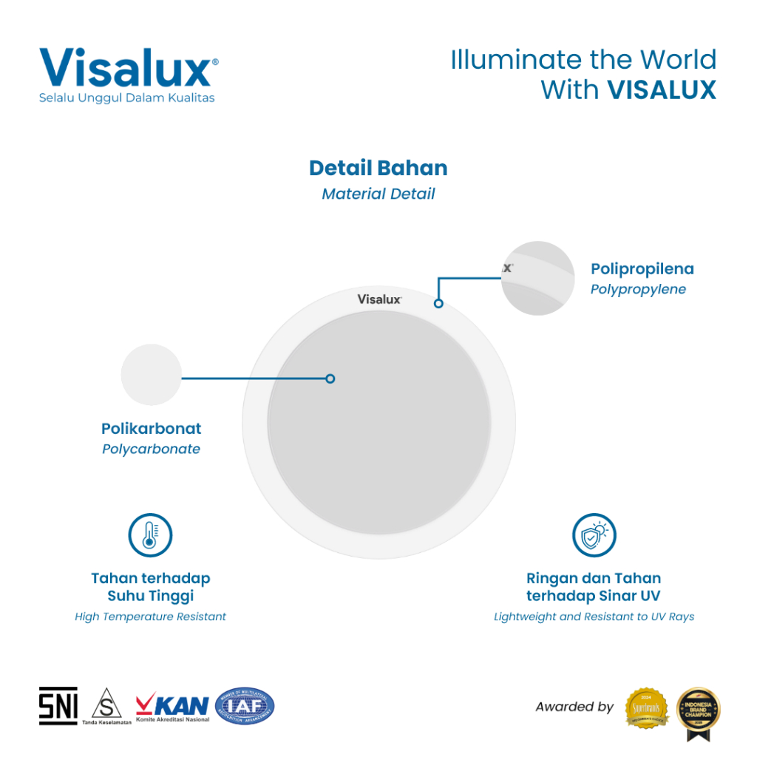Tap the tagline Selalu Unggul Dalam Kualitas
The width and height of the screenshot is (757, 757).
click(x=127, y=98)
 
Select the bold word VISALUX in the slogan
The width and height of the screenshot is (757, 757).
click(x=662, y=89)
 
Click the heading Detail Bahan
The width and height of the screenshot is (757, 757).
click(x=378, y=168)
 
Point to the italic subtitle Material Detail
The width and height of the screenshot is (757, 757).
click(x=378, y=194)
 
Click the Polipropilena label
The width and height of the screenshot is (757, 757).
click(x=642, y=269)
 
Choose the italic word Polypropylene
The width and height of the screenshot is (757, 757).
click(x=638, y=289)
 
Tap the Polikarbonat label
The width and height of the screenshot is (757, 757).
click(x=151, y=429)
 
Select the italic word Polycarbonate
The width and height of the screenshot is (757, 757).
click(x=151, y=449)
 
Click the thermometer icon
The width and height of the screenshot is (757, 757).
click(x=150, y=535)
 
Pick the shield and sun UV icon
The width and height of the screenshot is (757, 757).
click(x=594, y=535)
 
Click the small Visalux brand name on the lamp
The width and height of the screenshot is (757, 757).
click(x=379, y=299)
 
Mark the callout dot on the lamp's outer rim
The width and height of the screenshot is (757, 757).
click(x=438, y=303)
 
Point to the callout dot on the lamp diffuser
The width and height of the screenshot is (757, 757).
click(x=330, y=378)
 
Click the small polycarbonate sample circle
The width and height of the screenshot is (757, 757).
click(x=151, y=375)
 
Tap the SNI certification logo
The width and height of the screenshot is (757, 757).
click(x=58, y=706)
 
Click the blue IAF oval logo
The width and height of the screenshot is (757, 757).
click(x=244, y=706)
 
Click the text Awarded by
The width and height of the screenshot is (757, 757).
click(x=574, y=707)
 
